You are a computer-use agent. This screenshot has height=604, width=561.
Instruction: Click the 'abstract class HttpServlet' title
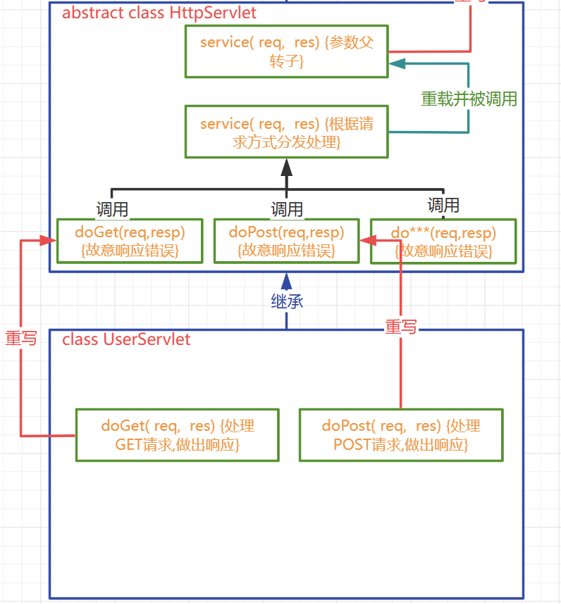[159, 13]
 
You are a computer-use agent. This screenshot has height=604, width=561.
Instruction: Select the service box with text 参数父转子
[286, 51]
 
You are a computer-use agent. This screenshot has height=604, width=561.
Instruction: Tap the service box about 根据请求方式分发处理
[286, 132]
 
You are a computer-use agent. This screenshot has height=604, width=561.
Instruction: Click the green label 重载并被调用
[469, 99]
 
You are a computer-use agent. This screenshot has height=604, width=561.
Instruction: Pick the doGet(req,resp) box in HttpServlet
[130, 241]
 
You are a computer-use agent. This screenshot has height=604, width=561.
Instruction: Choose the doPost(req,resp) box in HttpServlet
[286, 241]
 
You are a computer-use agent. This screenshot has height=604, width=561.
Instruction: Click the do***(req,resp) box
[443, 241]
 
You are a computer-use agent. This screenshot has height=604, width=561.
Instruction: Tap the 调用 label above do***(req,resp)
[443, 205]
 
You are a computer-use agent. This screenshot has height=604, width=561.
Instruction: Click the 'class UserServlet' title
[126, 339]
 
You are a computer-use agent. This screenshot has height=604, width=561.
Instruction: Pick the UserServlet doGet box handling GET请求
[177, 435]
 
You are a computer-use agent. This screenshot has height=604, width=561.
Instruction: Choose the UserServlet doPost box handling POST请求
[401, 435]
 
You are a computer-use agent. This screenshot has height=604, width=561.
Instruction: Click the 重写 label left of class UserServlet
[21, 339]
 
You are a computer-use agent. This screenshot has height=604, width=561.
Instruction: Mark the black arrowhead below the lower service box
[286, 167]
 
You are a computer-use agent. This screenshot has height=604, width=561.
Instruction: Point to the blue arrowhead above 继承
[286, 281]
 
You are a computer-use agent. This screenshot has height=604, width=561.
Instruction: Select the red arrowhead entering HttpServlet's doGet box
[49, 240]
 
